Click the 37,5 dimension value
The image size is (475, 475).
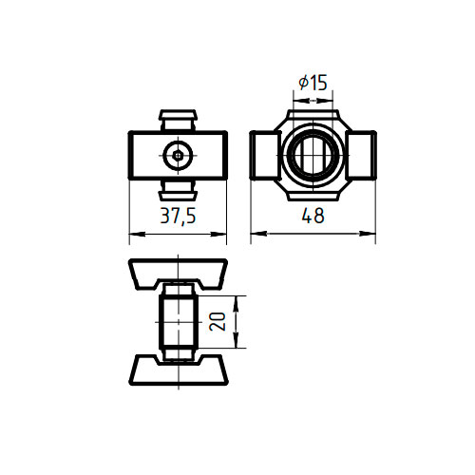click(x=178, y=216)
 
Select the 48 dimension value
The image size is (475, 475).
click(x=313, y=216)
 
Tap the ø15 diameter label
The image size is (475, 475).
click(x=313, y=83)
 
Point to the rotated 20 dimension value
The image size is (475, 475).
click(x=218, y=321)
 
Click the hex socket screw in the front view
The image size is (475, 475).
click(x=178, y=155)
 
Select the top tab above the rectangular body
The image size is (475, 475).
click(x=178, y=120)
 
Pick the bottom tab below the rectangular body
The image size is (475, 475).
click(x=178, y=191)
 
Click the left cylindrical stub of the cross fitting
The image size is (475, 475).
click(x=265, y=155)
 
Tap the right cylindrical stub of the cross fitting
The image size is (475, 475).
click(x=360, y=155)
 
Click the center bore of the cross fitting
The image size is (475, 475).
click(x=313, y=155)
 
